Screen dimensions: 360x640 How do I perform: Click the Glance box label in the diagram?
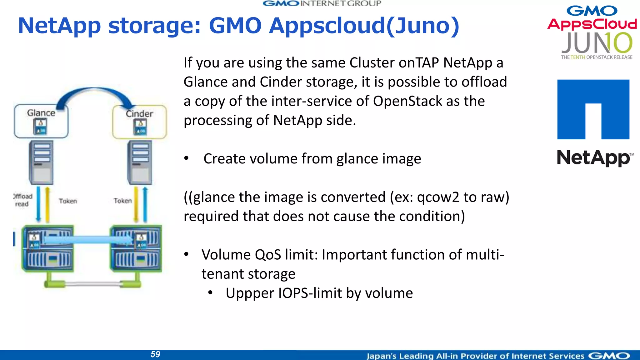[41, 113]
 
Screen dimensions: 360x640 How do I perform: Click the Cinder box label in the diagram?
[139, 114]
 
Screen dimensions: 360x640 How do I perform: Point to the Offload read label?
[22, 200]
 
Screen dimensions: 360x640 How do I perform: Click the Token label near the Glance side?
[68, 201]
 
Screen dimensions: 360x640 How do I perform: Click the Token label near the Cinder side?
[122, 201]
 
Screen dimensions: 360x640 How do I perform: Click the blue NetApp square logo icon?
[593, 109]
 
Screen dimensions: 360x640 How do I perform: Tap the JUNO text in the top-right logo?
[597, 43]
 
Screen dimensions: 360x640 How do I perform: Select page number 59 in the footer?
[155, 354]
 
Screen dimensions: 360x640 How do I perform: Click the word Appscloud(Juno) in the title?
[364, 26]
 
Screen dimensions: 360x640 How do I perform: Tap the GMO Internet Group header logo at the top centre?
[322, 4]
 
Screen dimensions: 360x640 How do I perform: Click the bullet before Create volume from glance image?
[186, 158]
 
